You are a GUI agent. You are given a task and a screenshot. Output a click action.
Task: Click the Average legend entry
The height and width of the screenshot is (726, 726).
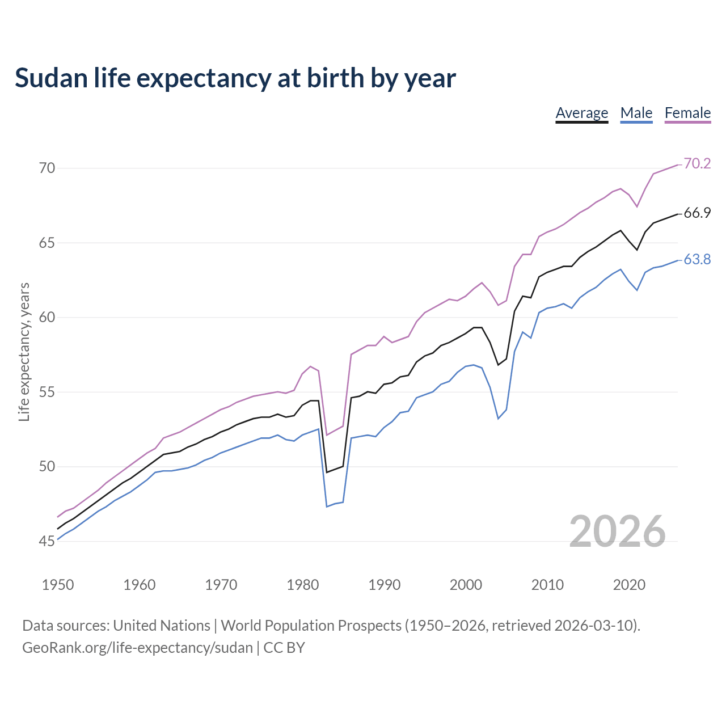581,113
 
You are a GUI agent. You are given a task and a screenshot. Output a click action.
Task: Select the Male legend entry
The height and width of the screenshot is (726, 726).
636,113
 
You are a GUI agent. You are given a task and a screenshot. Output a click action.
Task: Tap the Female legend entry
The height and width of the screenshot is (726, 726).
687,113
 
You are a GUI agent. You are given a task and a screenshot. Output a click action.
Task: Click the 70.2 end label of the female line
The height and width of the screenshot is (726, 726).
697,163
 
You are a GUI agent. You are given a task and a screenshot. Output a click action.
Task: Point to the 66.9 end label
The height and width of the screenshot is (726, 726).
697,213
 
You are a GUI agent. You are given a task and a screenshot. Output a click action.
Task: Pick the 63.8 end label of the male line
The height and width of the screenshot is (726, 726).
697,259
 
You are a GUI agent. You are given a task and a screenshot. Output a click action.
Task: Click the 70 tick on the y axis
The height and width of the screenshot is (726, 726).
47,168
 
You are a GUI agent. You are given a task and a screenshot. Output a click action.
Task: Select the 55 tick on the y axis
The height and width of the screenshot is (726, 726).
47,392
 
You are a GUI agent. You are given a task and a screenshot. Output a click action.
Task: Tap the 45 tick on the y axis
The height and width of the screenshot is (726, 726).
47,541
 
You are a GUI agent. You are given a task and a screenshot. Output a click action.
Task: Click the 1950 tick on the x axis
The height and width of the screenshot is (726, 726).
58,585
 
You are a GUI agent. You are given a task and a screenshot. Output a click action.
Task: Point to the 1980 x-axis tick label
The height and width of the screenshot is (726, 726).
303,585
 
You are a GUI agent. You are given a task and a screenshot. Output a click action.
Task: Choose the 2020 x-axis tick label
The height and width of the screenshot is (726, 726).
629,585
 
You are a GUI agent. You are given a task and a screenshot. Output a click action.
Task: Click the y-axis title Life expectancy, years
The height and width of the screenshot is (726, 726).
24,352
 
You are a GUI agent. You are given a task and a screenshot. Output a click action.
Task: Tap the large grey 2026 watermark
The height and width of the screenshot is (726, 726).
617,531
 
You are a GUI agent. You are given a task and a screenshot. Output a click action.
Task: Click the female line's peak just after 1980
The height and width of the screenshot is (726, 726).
310,366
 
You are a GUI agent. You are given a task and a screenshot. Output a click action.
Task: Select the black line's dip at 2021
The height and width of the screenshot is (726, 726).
637,250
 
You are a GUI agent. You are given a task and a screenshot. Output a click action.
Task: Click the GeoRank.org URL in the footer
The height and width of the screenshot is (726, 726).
137,647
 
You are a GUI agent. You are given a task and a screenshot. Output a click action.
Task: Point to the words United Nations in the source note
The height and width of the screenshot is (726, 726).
162,626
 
